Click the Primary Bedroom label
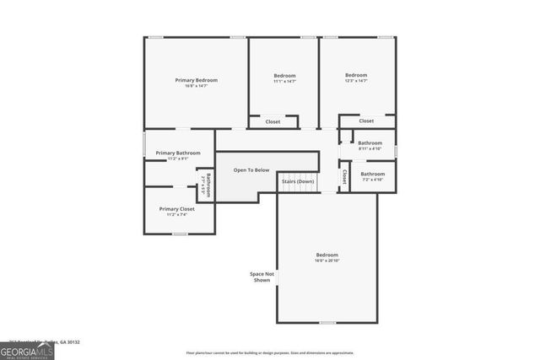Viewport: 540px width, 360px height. pyautogui.click(x=196, y=80)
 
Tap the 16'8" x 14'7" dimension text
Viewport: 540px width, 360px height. pyautogui.click(x=196, y=86)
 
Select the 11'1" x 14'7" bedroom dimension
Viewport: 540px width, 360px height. pyautogui.click(x=283, y=82)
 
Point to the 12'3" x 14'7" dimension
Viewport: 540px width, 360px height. pyautogui.click(x=356, y=82)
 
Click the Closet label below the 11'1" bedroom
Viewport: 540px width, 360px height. pyautogui.click(x=273, y=122)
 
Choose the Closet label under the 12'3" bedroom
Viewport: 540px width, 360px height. pyautogui.click(x=366, y=121)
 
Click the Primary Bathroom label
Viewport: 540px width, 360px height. pyautogui.click(x=178, y=153)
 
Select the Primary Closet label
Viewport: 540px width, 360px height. pyautogui.click(x=177, y=208)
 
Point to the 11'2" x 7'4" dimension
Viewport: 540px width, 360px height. pyautogui.click(x=177, y=214)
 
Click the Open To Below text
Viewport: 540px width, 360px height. pyautogui.click(x=251, y=170)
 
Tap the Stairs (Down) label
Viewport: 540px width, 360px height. pyautogui.click(x=298, y=181)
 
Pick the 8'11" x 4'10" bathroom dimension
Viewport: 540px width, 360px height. pyautogui.click(x=370, y=149)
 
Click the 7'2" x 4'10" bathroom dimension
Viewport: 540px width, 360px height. pyautogui.click(x=373, y=180)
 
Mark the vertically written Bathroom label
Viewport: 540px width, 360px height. pyautogui.click(x=208, y=185)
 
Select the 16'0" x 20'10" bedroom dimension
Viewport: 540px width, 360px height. pyautogui.click(x=327, y=261)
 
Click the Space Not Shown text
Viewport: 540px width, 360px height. pyautogui.click(x=262, y=277)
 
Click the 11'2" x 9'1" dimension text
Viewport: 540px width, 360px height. pyautogui.click(x=178, y=159)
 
